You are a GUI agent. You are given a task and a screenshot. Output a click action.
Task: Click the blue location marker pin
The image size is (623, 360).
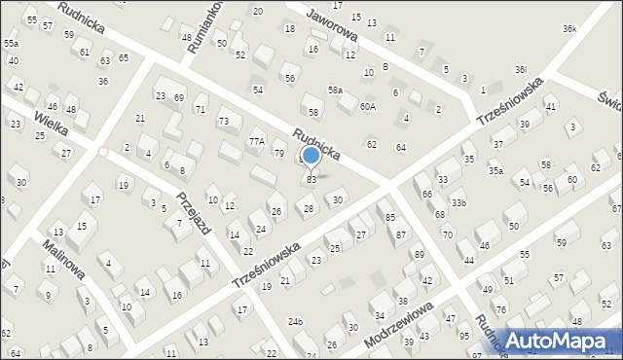coord(311,156)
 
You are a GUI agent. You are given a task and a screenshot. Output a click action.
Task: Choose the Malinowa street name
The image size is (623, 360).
coord(61,256)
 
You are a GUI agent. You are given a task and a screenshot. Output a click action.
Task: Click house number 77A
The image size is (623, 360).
coord(256,142)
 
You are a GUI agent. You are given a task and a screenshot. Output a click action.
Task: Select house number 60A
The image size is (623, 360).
coord(367,107)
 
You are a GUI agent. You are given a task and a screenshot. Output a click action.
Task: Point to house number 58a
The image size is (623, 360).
coord(335,90)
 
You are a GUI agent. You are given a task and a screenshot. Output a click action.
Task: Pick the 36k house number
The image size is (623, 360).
coord(568,29)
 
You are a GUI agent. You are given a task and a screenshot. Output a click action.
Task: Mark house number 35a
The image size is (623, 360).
coord(496,171)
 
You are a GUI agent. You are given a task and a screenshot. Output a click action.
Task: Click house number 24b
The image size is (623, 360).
coord(295,321)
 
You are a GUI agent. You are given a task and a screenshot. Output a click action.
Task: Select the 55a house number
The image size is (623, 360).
coord(11,44)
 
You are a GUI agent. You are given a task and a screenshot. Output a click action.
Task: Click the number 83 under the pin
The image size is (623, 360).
coord(311,179)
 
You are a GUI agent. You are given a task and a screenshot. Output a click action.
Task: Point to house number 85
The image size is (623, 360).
coord(390,217)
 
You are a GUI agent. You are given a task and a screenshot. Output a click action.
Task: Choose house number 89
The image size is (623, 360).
coord(420,254)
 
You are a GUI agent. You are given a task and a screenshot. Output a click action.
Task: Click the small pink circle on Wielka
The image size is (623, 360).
coord(103,151)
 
